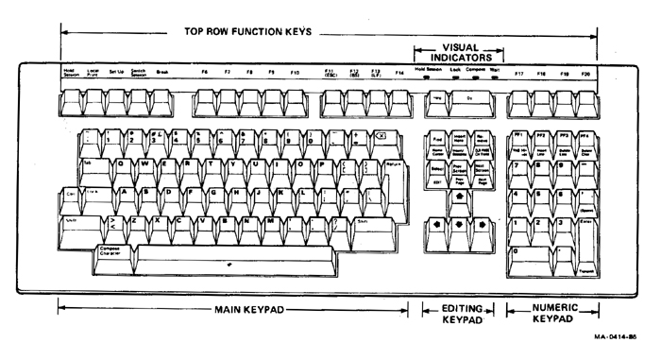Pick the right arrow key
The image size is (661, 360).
coord(482,226)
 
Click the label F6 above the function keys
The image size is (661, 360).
coord(204,72)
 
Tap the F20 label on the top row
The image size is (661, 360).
coord(586,72)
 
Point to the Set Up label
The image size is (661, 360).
coord(115,72)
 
